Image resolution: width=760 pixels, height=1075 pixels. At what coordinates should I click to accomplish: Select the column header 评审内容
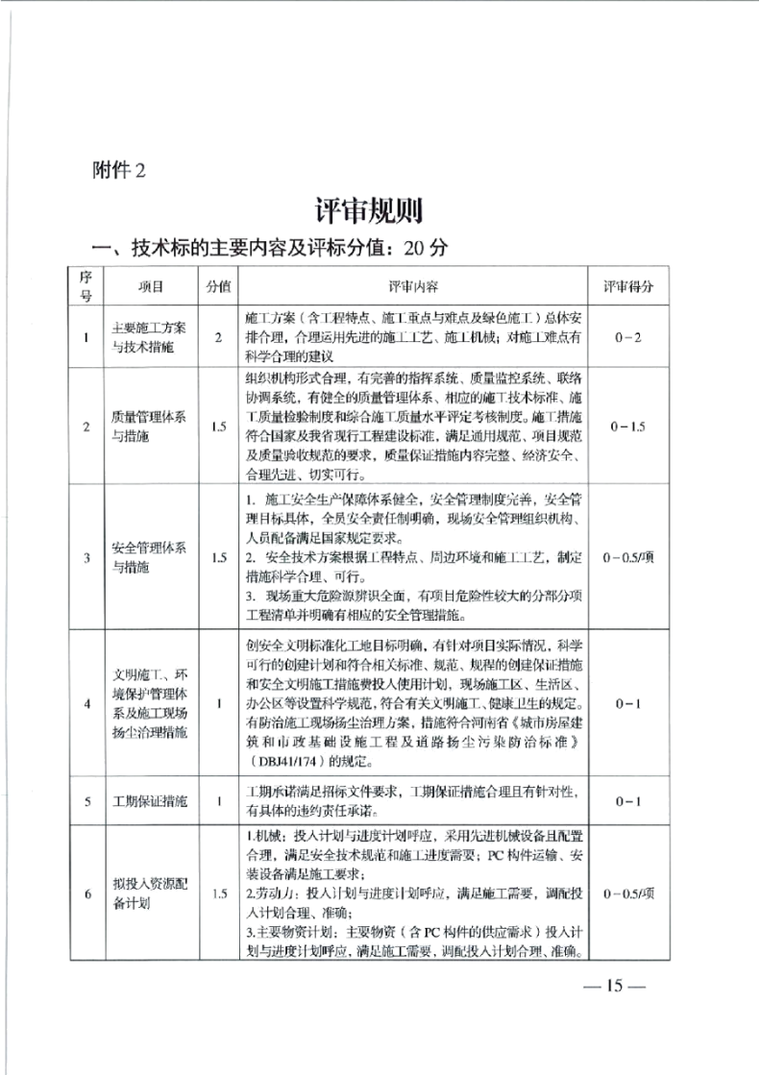pyautogui.click(x=412, y=287)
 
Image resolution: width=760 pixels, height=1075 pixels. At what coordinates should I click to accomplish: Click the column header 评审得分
pyautogui.click(x=629, y=287)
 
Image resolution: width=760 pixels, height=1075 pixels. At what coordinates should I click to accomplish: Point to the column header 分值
pyautogui.click(x=219, y=287)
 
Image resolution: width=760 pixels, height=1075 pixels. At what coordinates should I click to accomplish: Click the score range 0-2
pyautogui.click(x=629, y=337)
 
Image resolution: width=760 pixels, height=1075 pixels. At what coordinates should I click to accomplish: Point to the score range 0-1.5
pyautogui.click(x=629, y=426)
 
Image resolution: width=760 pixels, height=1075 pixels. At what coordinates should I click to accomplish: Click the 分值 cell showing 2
pyautogui.click(x=219, y=337)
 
